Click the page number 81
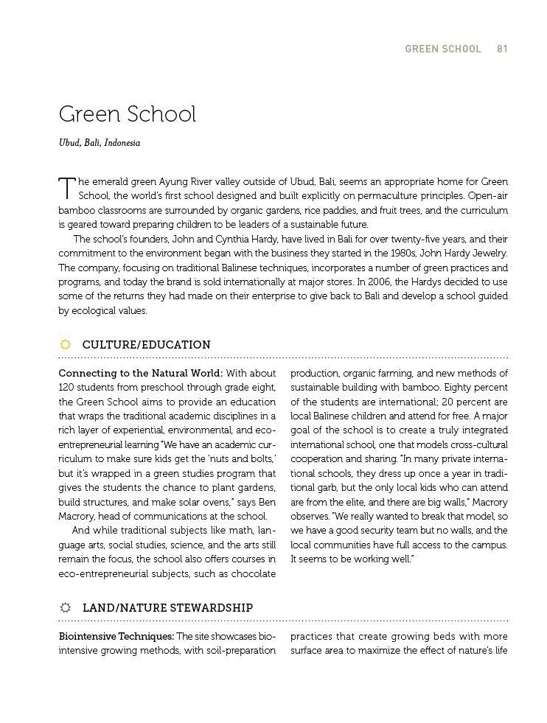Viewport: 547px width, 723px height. (x=502, y=49)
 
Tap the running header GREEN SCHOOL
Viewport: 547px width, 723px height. (x=442, y=49)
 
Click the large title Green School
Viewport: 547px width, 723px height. (x=128, y=114)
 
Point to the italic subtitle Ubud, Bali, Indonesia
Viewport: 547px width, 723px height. (x=100, y=143)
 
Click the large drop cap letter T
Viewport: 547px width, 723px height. (x=66, y=187)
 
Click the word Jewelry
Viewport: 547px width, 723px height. (x=489, y=254)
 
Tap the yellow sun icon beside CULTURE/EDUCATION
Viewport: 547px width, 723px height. (x=65, y=344)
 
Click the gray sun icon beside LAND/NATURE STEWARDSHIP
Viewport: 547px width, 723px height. (x=65, y=607)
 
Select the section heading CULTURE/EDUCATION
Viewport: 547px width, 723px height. (x=146, y=345)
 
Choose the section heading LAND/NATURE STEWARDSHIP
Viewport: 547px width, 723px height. (x=167, y=608)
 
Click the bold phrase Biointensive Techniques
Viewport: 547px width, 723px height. (x=116, y=636)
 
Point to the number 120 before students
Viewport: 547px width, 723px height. (x=68, y=387)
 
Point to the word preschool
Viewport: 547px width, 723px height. (x=160, y=387)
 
